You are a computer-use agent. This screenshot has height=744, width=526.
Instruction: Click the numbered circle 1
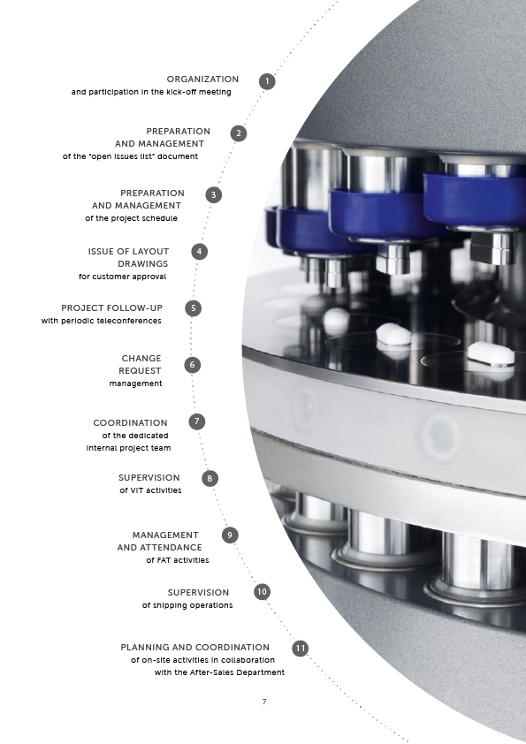click(267, 81)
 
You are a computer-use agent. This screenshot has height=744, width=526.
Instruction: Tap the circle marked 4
click(200, 252)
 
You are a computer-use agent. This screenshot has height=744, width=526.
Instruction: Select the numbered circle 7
click(197, 421)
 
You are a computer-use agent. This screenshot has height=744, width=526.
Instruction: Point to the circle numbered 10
click(262, 592)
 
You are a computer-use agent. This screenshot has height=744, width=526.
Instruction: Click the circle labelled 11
click(300, 649)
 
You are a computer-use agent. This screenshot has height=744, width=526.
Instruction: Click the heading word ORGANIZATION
click(202, 80)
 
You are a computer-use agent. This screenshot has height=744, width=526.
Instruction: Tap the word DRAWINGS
click(143, 264)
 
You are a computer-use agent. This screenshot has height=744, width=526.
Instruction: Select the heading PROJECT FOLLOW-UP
click(112, 308)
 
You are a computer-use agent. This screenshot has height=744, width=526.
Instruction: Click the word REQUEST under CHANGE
click(140, 370)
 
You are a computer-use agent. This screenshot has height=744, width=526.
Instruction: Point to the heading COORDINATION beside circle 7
click(130, 422)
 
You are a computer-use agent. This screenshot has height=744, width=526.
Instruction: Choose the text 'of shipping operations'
click(187, 605)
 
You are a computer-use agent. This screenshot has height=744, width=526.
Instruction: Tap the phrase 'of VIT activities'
click(150, 490)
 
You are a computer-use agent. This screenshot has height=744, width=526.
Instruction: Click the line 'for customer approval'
click(123, 277)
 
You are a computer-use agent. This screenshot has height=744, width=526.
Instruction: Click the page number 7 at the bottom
click(264, 702)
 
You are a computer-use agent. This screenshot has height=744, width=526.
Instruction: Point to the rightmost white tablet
click(491, 353)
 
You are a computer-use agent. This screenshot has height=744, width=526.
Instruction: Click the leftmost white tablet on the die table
click(338, 317)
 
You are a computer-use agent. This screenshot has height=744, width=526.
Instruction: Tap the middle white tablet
click(393, 335)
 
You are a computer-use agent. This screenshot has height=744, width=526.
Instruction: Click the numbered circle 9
click(230, 535)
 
